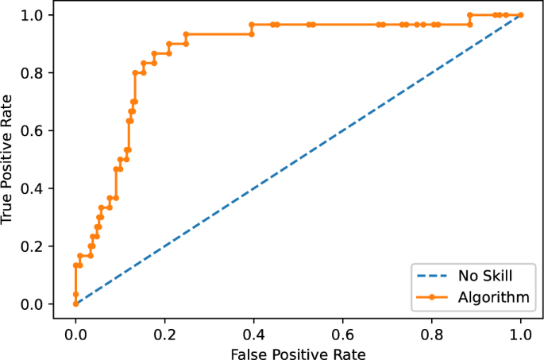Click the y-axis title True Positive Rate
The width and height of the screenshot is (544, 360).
click(x=10, y=159)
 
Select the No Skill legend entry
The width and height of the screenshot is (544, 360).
click(x=485, y=277)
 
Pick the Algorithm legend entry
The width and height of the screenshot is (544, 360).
click(x=493, y=296)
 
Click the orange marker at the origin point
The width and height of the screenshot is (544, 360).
click(x=75, y=304)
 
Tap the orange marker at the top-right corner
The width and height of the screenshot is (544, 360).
click(x=521, y=15)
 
